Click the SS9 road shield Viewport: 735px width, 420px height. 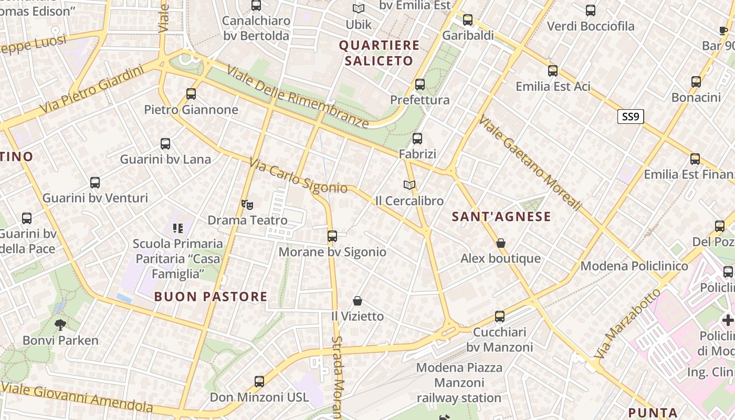pos(630,117)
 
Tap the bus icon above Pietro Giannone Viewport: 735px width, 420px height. pos(191,94)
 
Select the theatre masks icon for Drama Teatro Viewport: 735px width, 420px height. pos(247,205)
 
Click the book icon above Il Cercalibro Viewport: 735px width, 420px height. pos(409,185)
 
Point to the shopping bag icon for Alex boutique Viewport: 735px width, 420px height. pos(501,243)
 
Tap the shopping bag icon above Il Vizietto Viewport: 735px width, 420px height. pos(358,301)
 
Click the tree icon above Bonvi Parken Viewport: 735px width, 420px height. pos(60,324)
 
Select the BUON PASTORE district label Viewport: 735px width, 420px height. pos(211,297)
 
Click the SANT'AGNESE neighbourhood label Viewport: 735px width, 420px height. pos(501,216)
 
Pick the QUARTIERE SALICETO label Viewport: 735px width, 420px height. pos(379,53)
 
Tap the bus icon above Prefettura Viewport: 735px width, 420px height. pos(420,84)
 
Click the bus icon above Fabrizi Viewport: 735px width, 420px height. pos(417,139)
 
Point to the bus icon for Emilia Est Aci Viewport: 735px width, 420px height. pos(553,71)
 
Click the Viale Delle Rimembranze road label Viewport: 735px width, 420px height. pos(298,97)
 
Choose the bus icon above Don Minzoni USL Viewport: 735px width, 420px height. pos(259,382)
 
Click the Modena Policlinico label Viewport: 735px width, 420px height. pos(634,266)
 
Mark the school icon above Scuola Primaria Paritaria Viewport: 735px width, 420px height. pos(178,228)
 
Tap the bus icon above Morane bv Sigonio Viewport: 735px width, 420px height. pos(332,236)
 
